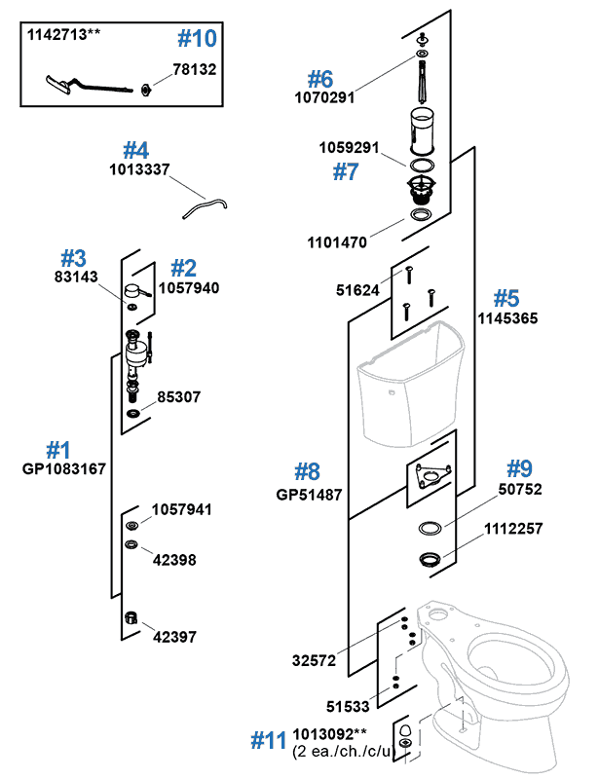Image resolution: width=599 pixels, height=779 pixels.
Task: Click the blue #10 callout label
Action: [199, 40]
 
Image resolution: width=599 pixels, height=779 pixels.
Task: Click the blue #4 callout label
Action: [135, 150]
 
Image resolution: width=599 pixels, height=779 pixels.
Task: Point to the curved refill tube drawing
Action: [201, 205]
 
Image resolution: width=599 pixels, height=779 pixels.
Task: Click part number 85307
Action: [179, 397]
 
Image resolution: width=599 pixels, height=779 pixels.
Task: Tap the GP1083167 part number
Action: [64, 468]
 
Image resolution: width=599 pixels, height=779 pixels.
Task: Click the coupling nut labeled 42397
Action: [131, 619]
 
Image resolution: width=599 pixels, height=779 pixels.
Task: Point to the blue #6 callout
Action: [320, 78]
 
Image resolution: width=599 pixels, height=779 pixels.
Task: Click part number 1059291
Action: [350, 150]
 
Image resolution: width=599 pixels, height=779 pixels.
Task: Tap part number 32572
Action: [315, 660]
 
